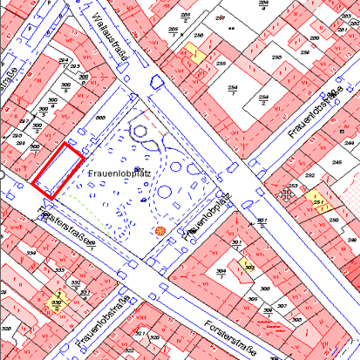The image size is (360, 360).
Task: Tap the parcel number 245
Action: pos(336,162)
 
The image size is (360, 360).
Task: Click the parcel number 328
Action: pos(6,329)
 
